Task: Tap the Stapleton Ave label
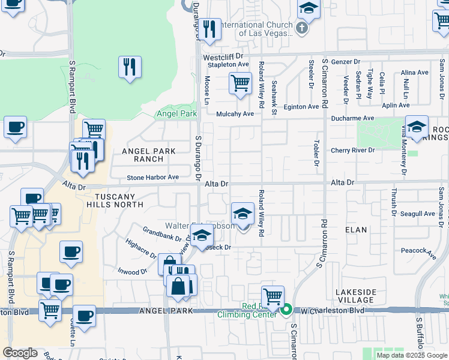point(228,65)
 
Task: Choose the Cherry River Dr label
point(352,151)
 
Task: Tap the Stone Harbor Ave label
point(152,178)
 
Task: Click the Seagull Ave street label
point(418,214)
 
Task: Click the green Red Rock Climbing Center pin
point(287,310)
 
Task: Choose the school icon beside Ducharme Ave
point(417,127)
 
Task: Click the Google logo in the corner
point(20,353)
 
